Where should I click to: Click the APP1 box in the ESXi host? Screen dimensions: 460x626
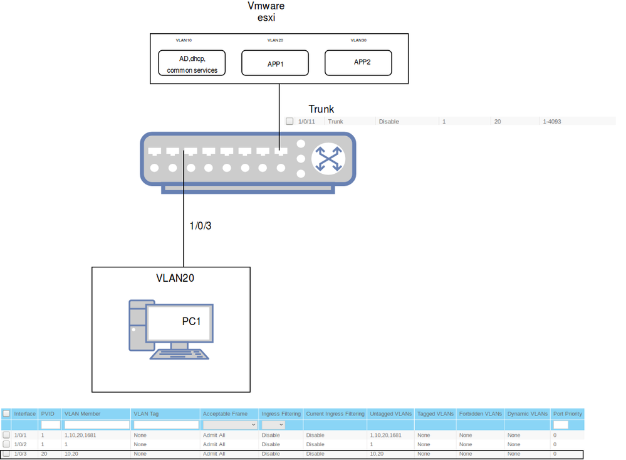[x=275, y=63]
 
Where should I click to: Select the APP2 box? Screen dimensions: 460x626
[x=358, y=63]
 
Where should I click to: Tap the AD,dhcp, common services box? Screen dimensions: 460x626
[x=192, y=64]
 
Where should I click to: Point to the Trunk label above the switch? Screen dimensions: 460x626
[x=321, y=109]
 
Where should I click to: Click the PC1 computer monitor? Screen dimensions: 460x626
[x=180, y=323]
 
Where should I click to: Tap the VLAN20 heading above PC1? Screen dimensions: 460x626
[x=175, y=278]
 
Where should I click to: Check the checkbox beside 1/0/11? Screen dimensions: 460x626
[x=290, y=121]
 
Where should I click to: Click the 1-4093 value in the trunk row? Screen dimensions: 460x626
[x=551, y=121]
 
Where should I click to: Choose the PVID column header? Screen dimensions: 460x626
[x=48, y=414]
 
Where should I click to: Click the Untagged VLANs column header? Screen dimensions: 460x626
[x=390, y=414]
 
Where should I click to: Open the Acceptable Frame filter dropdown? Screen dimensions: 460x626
[x=229, y=425]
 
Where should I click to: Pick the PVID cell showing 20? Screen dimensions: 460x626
[x=44, y=454]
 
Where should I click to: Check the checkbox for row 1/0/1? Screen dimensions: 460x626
[x=6, y=435]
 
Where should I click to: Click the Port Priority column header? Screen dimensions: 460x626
[x=567, y=414]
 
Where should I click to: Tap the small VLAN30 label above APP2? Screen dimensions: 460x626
[x=358, y=40]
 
